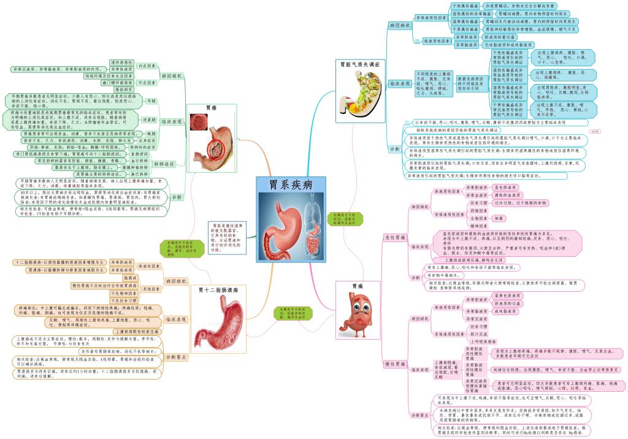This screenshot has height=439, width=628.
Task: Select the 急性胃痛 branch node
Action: tap(395, 237)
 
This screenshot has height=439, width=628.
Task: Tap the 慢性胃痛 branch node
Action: tap(395, 364)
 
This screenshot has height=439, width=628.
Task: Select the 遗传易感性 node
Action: tap(121, 63)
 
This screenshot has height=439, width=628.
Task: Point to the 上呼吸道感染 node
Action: tap(483, 341)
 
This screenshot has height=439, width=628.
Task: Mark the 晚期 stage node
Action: tap(151, 133)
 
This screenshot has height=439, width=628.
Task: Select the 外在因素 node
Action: tap(147, 82)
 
